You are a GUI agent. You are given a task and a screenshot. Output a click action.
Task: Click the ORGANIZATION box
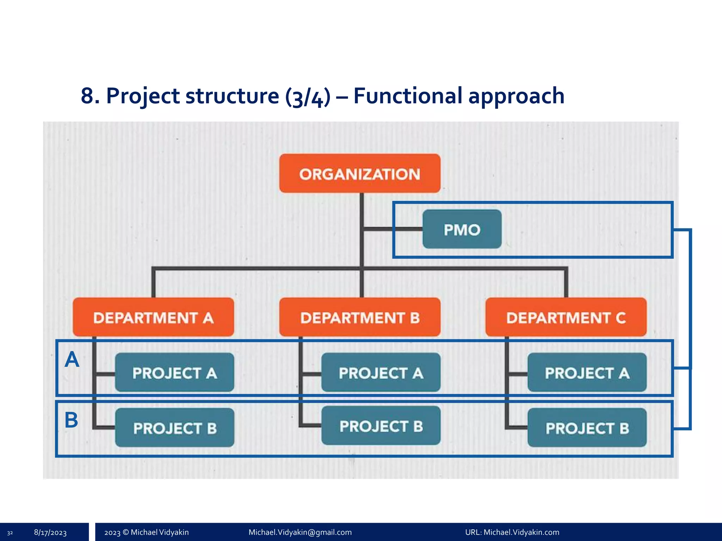coord(360,174)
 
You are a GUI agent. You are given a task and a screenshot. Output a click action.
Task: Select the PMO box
coord(462,229)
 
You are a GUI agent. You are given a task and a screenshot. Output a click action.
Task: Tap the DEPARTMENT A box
coord(153,317)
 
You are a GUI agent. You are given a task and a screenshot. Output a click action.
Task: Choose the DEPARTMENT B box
coord(360,317)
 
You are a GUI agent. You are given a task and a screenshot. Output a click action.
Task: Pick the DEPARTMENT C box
coord(566,317)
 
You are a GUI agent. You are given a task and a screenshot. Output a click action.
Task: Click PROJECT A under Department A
coord(175,373)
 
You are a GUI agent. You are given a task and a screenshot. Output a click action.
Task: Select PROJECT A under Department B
coord(381,373)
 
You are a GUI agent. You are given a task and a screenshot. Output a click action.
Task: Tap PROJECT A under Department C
coord(587,373)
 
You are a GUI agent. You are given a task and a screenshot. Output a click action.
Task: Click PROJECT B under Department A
coord(175,428)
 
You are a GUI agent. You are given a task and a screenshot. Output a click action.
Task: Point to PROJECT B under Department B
coord(381,426)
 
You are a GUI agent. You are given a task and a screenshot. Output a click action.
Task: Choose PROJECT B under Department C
coord(587,428)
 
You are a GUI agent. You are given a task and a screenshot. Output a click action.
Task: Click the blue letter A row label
coord(72,360)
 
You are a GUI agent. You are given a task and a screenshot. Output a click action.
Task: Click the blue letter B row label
coord(71,420)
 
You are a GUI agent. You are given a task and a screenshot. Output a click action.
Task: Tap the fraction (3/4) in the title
coord(308,97)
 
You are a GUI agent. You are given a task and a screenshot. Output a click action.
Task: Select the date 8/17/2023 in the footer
coord(50,533)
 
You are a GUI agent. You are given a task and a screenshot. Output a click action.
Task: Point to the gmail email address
coord(300,532)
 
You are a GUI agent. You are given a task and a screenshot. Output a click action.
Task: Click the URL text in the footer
coord(512,532)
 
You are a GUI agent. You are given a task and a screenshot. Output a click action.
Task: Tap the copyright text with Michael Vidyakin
coord(146,532)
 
